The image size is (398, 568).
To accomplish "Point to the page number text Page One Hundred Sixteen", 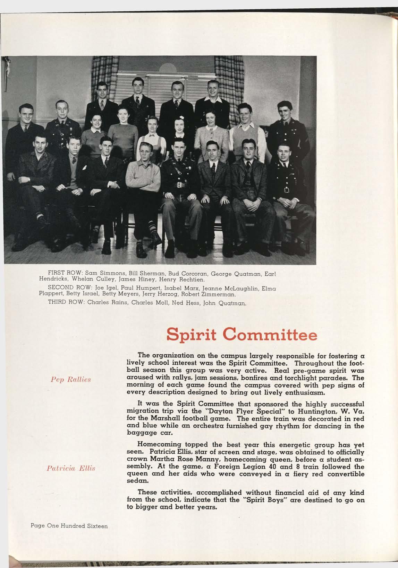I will click(69, 526).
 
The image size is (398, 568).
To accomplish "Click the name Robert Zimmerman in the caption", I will click(213, 295).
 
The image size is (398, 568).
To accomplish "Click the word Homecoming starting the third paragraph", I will click(158, 444).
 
